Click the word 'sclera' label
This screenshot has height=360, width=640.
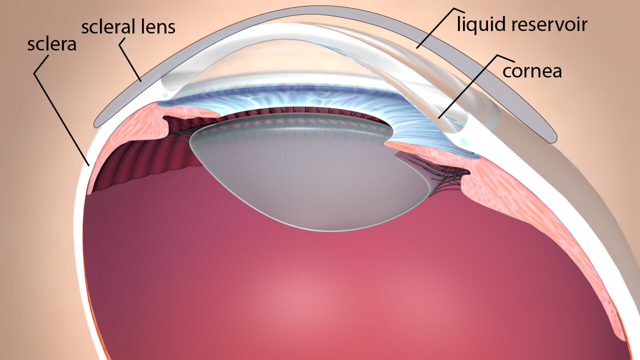tap(51, 44)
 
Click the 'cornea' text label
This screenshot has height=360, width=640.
tap(532, 71)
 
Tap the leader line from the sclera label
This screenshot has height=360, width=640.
tap(61, 110)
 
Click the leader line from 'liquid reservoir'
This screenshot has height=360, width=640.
tap(440, 28)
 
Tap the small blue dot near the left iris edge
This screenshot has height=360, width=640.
tap(164, 95)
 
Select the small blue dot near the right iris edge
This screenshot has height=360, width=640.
tap(464, 142)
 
